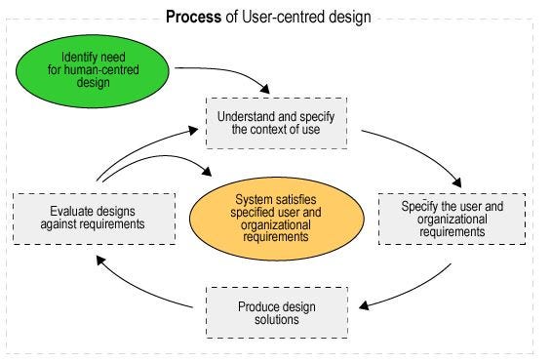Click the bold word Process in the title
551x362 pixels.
192,16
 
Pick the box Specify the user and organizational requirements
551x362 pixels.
453,219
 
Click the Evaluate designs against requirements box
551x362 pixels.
94,217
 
